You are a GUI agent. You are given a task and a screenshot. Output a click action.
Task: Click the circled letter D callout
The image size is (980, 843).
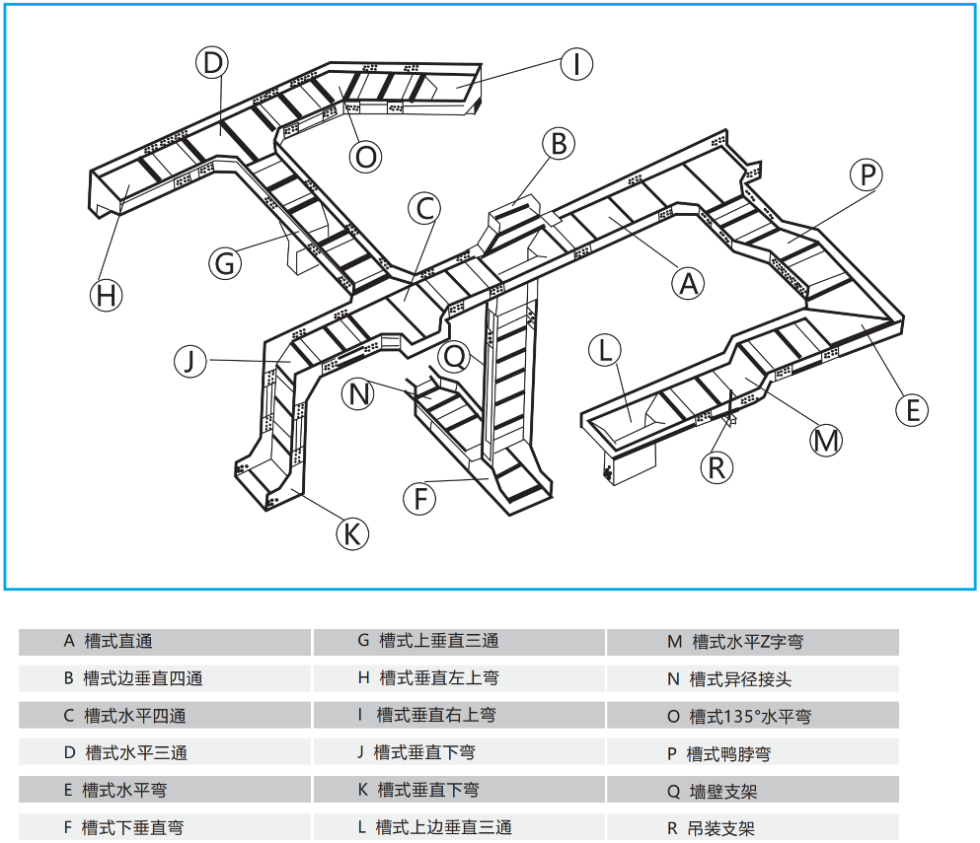211,63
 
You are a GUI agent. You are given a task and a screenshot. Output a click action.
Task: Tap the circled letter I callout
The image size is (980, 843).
575,64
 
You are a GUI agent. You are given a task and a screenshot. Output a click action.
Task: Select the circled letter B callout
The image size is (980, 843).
558,144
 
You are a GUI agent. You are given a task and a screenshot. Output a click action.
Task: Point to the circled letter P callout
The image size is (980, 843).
867,176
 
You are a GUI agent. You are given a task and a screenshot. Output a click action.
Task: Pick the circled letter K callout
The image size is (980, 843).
351,534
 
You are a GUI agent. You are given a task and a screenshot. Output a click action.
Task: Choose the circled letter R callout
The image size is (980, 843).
716,466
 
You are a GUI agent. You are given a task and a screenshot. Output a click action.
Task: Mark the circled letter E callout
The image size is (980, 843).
913,409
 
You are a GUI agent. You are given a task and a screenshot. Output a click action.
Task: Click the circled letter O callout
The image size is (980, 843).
366,156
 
